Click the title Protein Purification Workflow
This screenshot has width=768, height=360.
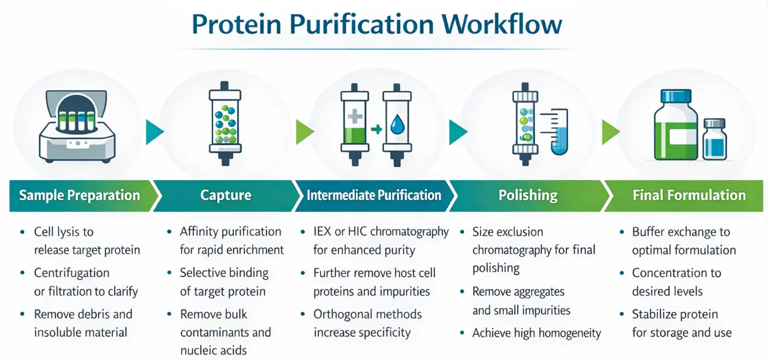[377, 25]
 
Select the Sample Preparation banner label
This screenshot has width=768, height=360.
[79, 196]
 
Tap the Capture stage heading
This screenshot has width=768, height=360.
[225, 196]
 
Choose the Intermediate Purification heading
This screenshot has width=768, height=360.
[374, 196]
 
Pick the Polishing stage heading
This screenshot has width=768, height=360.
[528, 196]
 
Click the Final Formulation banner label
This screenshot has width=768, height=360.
[689, 196]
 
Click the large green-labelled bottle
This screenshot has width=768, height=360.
[675, 126]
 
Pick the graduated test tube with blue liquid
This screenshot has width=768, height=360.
[560, 132]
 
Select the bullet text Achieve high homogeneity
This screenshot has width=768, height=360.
[536, 333]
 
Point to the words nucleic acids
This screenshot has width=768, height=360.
[213, 351]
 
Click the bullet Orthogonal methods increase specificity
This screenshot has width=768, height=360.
[367, 323]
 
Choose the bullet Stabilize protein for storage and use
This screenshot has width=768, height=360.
[681, 323]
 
